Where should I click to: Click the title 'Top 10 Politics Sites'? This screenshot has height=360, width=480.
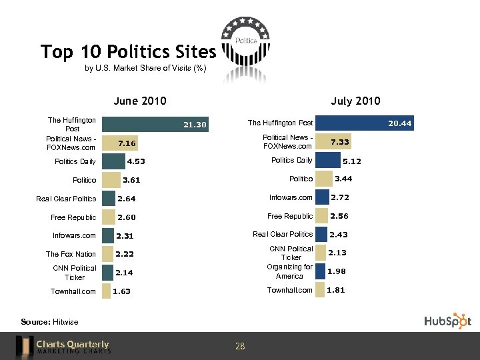[128, 51]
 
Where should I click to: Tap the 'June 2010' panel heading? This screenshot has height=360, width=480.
[139, 101]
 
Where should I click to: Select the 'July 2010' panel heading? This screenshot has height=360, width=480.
[355, 101]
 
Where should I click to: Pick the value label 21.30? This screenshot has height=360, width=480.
[195, 125]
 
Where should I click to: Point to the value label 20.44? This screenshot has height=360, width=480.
[400, 123]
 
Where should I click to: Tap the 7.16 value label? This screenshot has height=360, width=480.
[126, 143]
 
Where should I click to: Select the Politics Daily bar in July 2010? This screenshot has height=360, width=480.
[327, 160]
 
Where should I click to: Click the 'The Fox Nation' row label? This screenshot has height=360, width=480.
[71, 254]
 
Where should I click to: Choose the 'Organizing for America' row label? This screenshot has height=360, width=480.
[289, 271]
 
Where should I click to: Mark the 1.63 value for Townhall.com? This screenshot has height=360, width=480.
[121, 291]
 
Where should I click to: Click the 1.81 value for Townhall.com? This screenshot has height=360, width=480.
[336, 290]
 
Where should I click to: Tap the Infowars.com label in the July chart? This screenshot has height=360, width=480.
[291, 197]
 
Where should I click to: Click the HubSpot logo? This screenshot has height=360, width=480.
[447, 321]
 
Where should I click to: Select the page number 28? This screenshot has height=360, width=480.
[240, 346]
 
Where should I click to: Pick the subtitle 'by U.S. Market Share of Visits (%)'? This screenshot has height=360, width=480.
[145, 68]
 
